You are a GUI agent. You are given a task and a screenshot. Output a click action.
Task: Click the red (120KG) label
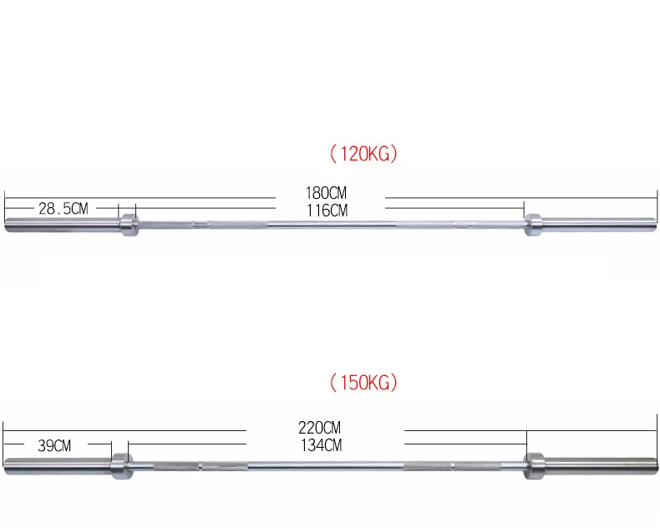[364, 155]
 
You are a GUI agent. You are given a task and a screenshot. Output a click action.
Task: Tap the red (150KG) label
[364, 383]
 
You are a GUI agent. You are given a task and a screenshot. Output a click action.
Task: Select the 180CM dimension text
[327, 194]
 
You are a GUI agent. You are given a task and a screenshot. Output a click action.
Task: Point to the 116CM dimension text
[327, 210]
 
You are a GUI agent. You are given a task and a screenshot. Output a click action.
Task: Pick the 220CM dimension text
[322, 429]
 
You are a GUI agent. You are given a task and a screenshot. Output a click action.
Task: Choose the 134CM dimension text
[322, 445]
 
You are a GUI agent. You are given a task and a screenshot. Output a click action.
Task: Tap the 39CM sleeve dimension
[55, 446]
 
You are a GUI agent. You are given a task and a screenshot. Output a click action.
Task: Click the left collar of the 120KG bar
[128, 224]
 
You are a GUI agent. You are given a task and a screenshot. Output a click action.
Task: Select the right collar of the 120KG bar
[532, 224]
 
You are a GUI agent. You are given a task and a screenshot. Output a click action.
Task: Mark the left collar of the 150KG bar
[120, 464]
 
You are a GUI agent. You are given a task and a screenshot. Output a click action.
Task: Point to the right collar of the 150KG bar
[535, 464]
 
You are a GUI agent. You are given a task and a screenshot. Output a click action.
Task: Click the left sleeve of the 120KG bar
[63, 224]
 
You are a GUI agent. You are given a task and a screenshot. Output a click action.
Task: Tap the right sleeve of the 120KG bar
[597, 224]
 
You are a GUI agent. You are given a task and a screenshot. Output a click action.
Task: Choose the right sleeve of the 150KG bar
[597, 464]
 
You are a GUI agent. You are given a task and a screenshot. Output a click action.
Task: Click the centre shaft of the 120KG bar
[330, 224]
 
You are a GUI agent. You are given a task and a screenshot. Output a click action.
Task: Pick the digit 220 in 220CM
[312, 429]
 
